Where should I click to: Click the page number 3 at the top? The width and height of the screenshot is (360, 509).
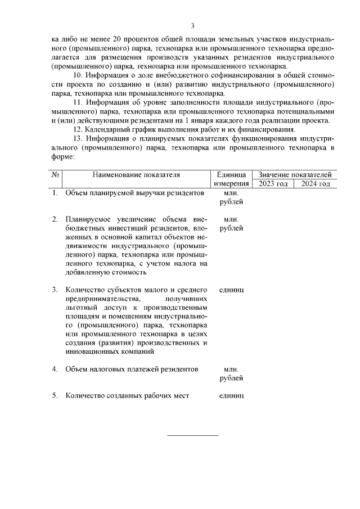coord(192,26)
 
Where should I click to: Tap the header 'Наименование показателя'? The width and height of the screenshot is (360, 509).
coord(136,175)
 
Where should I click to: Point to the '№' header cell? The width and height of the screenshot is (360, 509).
coord(55,175)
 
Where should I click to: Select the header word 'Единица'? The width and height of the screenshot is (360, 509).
coord(231,175)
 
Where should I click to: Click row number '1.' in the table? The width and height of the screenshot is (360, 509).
coord(55,193)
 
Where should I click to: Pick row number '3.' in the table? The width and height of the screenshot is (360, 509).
coord(55,290)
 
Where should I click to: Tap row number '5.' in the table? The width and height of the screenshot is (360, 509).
coord(55,395)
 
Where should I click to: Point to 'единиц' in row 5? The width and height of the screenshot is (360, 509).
coord(231,395)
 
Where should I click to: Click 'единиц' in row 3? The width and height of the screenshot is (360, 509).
coord(231,290)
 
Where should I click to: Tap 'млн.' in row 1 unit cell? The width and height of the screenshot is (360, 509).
coord(231,193)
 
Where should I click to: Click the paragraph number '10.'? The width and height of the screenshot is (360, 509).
coord(79,75)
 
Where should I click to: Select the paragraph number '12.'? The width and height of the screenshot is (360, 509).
coord(79,129)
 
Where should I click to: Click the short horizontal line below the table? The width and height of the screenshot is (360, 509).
coord(192,435)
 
